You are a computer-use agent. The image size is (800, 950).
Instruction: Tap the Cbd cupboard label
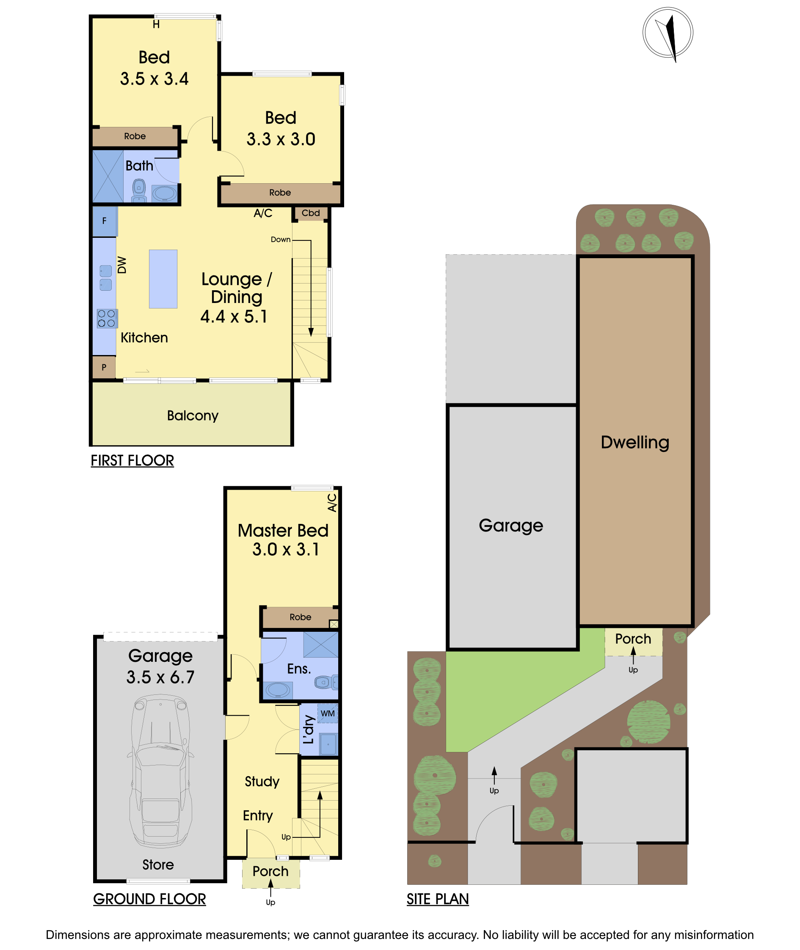point(311,213)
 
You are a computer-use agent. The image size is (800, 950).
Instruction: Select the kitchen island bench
point(163,279)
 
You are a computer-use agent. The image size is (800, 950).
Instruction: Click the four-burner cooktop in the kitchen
point(107,318)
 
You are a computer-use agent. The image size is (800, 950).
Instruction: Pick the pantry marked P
point(104,367)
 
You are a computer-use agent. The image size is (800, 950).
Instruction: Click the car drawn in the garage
point(160,771)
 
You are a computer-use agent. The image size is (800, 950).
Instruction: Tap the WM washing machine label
point(328,713)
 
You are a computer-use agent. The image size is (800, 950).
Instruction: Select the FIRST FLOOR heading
point(132,460)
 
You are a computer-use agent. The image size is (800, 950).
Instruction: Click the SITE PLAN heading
point(438,899)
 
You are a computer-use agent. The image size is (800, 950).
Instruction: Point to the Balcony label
point(193,416)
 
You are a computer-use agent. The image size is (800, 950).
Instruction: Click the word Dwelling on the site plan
point(635,442)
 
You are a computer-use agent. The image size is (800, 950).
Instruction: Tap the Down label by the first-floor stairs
point(280,240)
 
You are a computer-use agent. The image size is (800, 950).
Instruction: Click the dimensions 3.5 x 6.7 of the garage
point(160,677)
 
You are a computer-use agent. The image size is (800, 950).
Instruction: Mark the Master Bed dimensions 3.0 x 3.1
point(286,549)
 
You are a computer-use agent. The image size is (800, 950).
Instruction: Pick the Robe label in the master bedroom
point(300,617)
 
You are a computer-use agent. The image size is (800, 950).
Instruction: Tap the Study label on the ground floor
point(262,781)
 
